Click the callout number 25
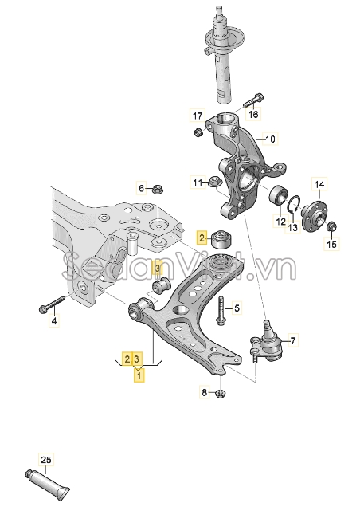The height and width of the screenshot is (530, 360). (x=46, y=460)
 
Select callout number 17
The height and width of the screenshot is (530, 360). (x=198, y=116)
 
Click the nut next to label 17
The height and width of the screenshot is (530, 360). (x=198, y=132)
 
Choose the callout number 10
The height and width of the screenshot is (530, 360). (x=271, y=139)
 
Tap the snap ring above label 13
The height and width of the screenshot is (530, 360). (x=294, y=204)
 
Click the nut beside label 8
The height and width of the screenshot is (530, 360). (x=221, y=393)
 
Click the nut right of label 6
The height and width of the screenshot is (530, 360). (x=157, y=189)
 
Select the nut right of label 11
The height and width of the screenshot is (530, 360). (x=215, y=182)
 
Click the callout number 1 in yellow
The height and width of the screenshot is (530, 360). (x=139, y=375)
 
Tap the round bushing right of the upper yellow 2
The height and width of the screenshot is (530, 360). (x=221, y=239)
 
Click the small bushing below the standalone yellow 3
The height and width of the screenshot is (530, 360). (x=162, y=285)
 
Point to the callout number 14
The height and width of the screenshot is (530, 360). (x=319, y=185)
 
